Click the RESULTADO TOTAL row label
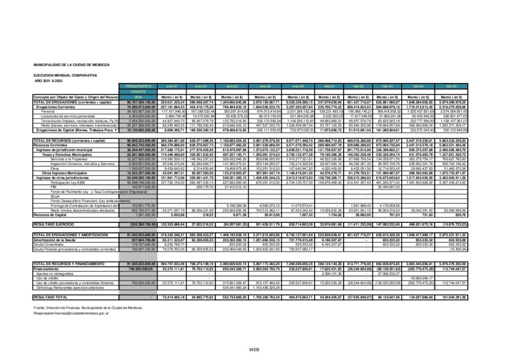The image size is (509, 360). click(x=49, y=296)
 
